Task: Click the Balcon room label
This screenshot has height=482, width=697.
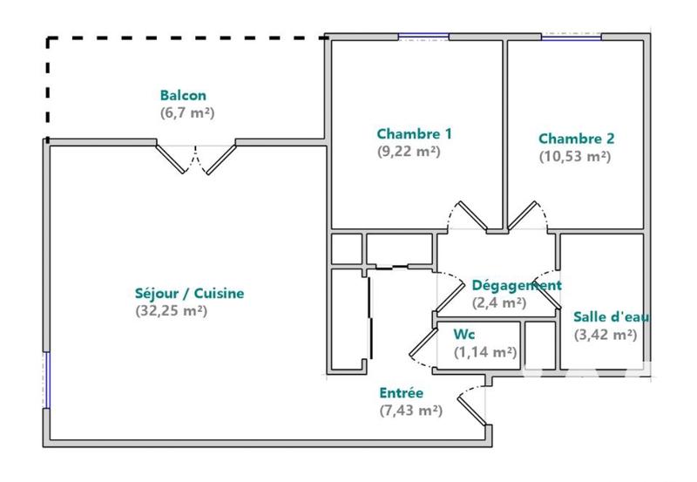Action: point(183,96)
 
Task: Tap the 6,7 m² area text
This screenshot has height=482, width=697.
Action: point(183,112)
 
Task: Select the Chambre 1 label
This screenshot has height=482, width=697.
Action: point(414,134)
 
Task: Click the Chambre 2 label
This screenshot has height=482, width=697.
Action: point(576,139)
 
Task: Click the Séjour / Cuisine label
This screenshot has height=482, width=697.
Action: point(190,294)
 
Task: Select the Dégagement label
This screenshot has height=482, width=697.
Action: point(516,285)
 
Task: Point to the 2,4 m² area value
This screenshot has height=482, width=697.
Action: point(498,302)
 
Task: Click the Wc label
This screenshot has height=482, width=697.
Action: point(464,335)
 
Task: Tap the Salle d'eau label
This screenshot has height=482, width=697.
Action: point(611,316)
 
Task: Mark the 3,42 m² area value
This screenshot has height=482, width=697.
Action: point(605,334)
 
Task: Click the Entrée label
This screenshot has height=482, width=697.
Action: point(402,393)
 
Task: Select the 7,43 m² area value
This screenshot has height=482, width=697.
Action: point(410,411)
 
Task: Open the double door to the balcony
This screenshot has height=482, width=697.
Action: point(196,158)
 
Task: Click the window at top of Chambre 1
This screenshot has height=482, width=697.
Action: point(424,36)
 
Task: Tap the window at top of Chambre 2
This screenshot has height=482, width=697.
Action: point(572,36)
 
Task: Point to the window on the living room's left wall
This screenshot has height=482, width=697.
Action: point(47,379)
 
